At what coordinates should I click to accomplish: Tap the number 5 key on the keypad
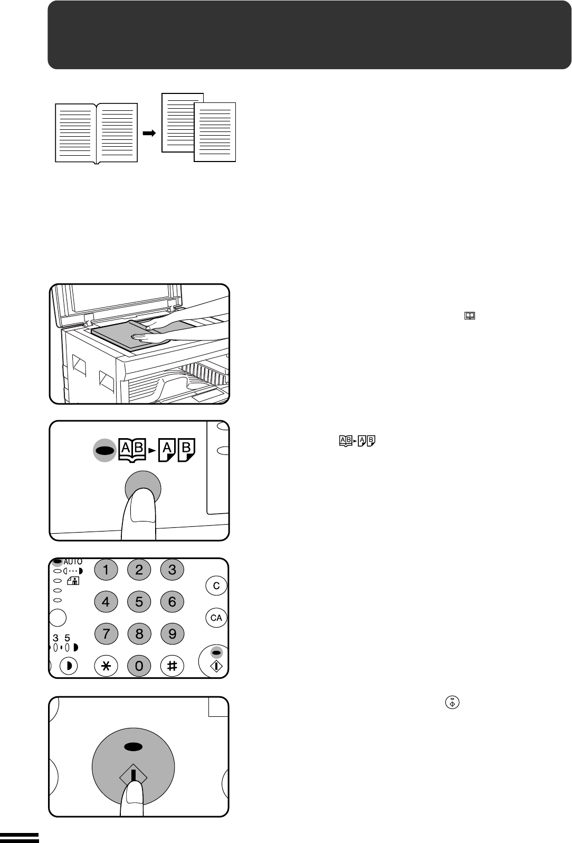[139, 601]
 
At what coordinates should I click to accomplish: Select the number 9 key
[172, 634]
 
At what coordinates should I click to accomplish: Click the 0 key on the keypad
[139, 666]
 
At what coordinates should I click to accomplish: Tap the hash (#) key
[172, 666]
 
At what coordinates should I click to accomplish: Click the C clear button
[216, 585]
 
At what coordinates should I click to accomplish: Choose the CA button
[216, 618]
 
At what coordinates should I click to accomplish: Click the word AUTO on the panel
[73, 562]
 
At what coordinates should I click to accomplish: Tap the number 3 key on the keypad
[172, 570]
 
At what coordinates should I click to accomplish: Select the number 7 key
[106, 634]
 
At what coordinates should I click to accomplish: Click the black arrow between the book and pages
[149, 133]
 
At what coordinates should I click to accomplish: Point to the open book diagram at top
[97, 133]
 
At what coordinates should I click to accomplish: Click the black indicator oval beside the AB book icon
[106, 450]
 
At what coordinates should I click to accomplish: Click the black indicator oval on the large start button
[133, 747]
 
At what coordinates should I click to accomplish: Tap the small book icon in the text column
[470, 316]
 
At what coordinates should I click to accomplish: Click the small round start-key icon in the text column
[452, 702]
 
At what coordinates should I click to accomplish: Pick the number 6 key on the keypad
[172, 601]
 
